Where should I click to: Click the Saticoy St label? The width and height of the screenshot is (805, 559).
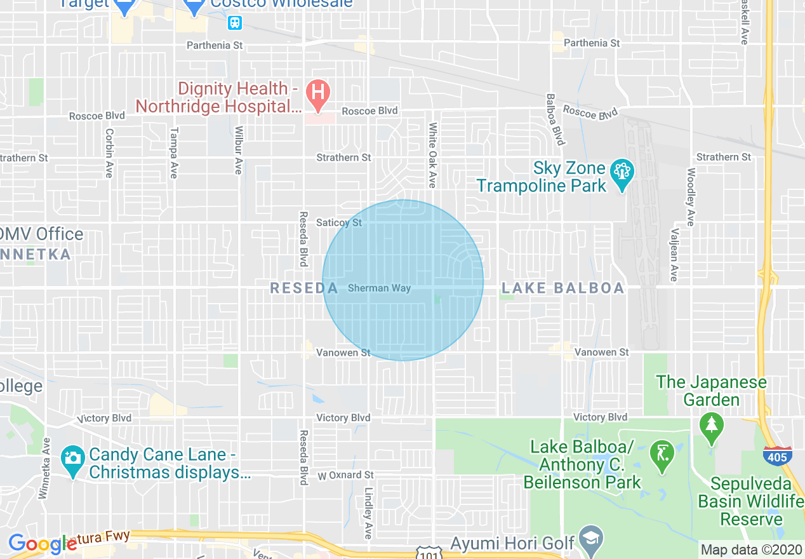[x=339, y=222]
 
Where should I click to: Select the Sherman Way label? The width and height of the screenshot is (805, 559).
[x=379, y=288]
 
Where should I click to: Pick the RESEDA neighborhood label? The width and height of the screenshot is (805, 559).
[x=304, y=288]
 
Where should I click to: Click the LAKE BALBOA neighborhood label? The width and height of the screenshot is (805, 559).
[x=563, y=288]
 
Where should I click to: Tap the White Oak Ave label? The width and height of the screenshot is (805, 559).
[x=432, y=155]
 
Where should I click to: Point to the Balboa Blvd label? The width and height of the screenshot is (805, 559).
[x=554, y=119]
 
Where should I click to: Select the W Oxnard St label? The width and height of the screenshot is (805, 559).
[x=346, y=475]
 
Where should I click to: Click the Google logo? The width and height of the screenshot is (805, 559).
[x=42, y=544]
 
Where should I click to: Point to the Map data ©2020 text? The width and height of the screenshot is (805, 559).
[x=751, y=549]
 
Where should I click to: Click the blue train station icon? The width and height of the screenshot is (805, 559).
[x=235, y=23]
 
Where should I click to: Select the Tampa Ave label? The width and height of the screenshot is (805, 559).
[x=173, y=152]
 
